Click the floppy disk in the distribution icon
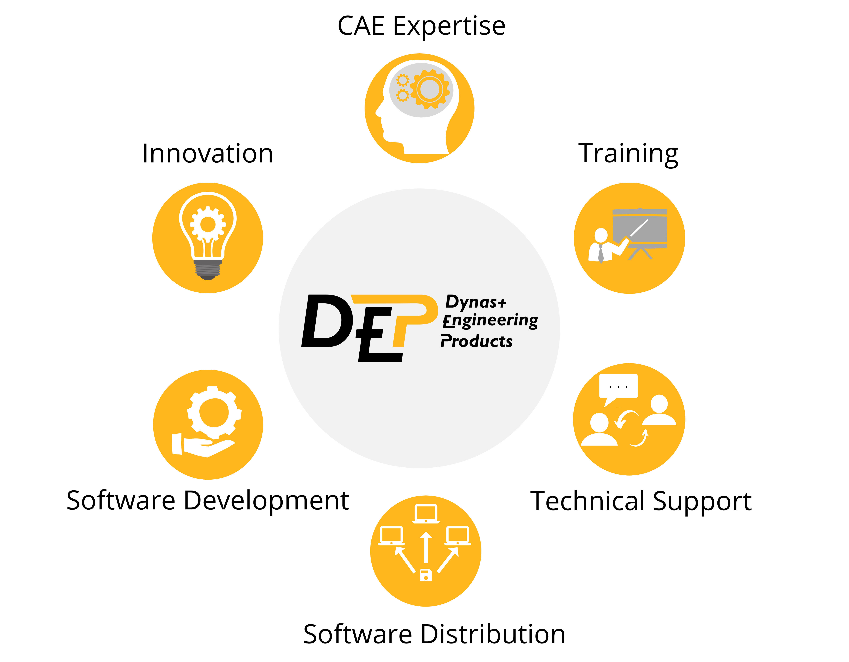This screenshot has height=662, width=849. coord(426,575)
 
